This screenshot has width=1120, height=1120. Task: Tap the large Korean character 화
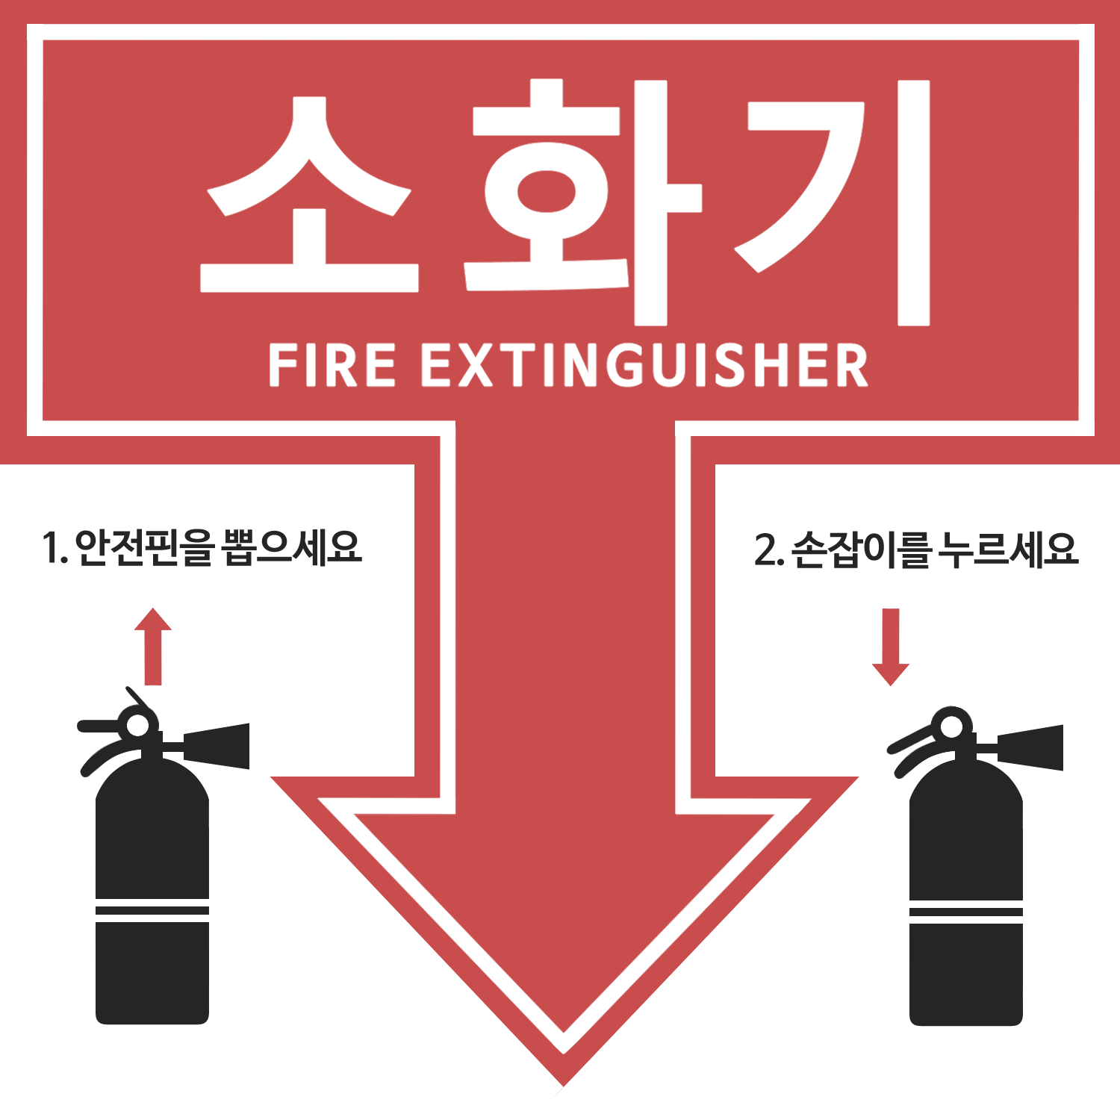point(582,202)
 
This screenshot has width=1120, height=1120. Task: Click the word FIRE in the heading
point(332,365)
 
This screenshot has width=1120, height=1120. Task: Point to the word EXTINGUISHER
point(645,365)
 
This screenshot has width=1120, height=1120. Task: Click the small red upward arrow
point(153,646)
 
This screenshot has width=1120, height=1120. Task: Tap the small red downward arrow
point(891,647)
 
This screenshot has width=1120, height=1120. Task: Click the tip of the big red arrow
point(564,1087)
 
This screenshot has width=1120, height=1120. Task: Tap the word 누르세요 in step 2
point(1009,549)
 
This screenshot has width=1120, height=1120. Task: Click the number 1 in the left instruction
point(51,548)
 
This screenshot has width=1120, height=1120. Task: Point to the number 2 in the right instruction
point(765,550)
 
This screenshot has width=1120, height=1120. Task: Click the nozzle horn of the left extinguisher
point(217,745)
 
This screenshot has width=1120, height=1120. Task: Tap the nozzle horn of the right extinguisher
point(1030,747)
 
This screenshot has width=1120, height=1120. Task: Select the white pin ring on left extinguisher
point(138,725)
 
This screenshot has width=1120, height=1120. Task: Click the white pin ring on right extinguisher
point(952,727)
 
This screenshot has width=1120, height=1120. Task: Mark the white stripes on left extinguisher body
point(152,911)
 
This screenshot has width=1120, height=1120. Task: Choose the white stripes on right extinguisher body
point(966,912)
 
